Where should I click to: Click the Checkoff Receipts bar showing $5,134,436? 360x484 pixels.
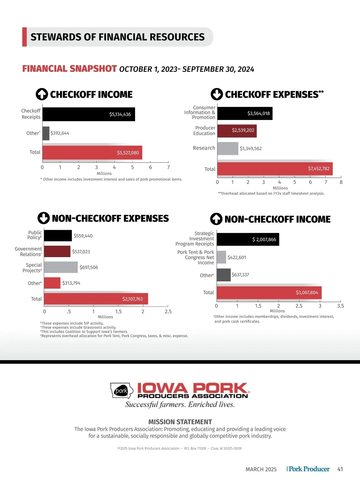[88, 114]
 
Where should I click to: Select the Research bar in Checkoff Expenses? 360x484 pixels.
[228, 149]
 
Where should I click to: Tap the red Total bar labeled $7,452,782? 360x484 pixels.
[275, 169]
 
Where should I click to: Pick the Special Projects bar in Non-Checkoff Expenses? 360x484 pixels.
[61, 267]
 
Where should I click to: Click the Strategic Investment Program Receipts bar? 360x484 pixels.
[248, 239]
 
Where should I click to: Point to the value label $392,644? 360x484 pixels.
[60, 133]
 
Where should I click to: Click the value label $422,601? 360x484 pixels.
[237, 257]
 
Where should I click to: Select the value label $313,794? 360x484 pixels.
[71, 283]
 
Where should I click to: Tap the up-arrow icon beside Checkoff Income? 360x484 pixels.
[42, 94]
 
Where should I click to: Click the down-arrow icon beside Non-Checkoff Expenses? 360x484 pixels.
[43, 218]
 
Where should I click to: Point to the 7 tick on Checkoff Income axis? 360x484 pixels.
[168, 167]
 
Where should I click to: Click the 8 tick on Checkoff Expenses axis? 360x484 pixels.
[341, 182]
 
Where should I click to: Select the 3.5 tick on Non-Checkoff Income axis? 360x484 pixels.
[340, 306]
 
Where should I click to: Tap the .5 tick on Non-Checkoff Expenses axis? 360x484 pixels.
[69, 311]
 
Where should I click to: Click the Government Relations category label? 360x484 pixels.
[28, 251]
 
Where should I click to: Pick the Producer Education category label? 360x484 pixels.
[205, 131]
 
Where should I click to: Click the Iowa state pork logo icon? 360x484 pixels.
[121, 391]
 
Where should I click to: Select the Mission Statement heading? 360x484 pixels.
[180, 422]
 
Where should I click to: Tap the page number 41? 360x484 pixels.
[340, 469]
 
